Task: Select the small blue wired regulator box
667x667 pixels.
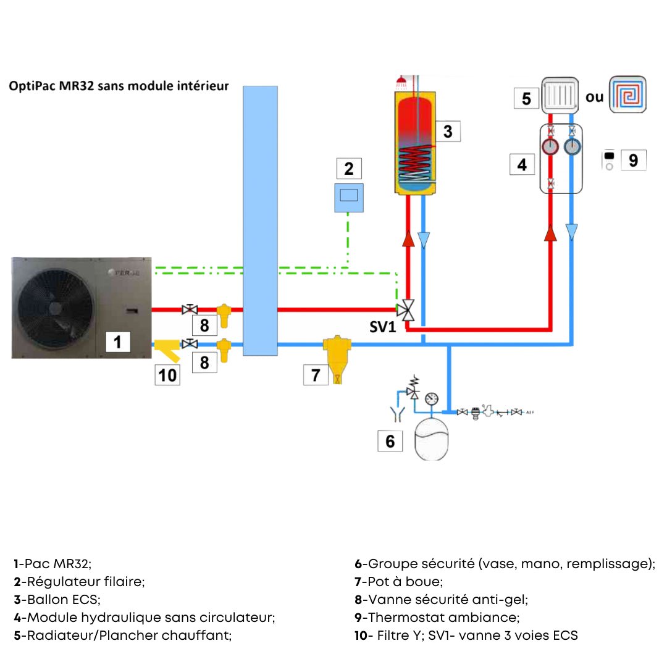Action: [348, 198]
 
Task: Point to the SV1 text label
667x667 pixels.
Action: [382, 327]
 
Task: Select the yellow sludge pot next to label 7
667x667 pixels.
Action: [337, 358]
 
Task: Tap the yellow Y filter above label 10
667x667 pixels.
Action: [167, 351]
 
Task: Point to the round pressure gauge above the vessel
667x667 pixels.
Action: [432, 398]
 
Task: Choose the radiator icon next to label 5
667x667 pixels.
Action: [560, 96]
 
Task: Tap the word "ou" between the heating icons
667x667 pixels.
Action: [594, 97]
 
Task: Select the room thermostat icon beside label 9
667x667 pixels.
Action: [608, 160]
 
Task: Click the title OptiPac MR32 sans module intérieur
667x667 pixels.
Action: [119, 86]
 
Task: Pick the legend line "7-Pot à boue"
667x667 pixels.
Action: [398, 581]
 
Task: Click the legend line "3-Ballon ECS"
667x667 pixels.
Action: [57, 599]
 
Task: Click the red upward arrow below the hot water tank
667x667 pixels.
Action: [408, 239]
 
